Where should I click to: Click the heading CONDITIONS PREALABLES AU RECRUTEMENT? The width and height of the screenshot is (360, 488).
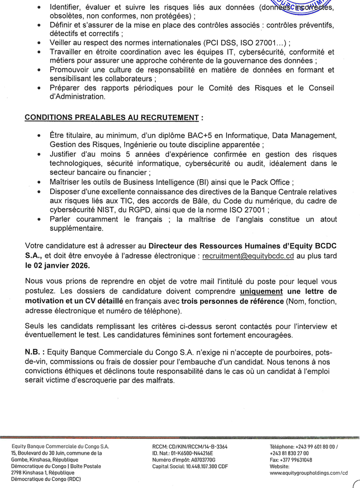pyautogui.click(x=112, y=118)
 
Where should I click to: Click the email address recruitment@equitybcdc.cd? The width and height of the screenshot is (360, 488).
pyautogui.click(x=248, y=257)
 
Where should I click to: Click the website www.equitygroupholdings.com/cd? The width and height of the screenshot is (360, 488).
pyautogui.click(x=309, y=472)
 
